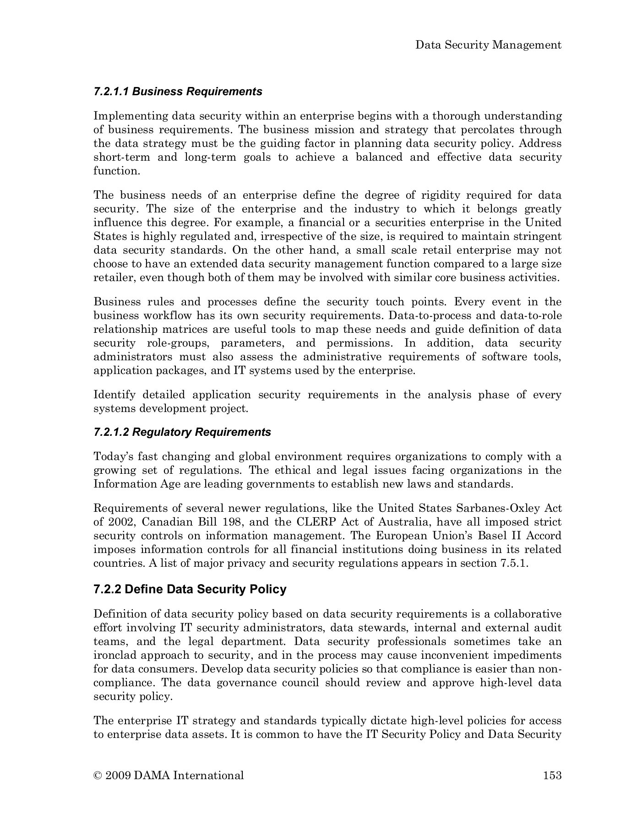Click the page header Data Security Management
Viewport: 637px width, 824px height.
click(x=488, y=45)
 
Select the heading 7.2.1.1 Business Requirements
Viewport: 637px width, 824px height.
click(x=178, y=92)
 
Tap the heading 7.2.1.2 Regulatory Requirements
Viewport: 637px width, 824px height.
click(x=182, y=432)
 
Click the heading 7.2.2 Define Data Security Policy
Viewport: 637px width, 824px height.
click(x=190, y=589)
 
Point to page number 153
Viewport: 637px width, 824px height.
click(x=552, y=775)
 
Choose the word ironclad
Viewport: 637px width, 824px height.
click(x=113, y=656)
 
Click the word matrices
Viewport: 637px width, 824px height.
click(x=209, y=330)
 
